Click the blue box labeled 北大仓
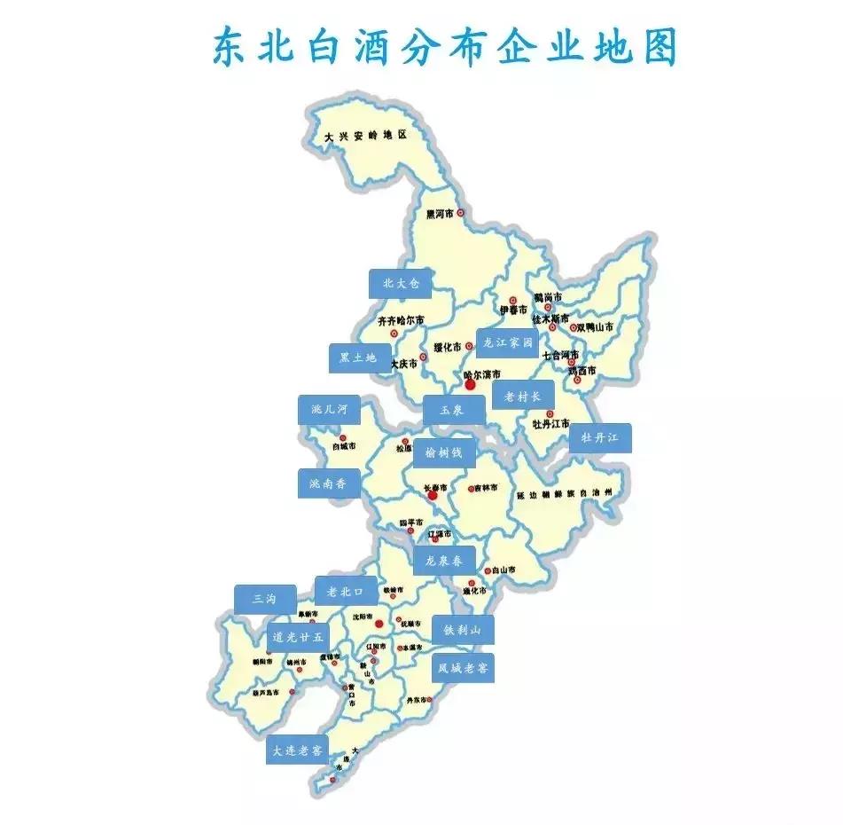[400, 284]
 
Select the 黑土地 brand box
[359, 358]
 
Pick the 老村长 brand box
[522, 396]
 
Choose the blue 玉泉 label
[455, 411]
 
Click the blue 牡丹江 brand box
[600, 438]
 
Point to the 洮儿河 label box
[329, 410]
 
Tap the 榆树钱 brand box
[445, 452]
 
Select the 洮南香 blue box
[329, 483]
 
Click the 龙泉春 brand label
[444, 561]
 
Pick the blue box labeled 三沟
[265, 599]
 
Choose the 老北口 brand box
[346, 591]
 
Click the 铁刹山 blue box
[463, 630]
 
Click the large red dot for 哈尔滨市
[470, 385]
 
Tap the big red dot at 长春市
[433, 496]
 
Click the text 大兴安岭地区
[364, 136]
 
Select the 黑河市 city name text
[440, 214]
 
